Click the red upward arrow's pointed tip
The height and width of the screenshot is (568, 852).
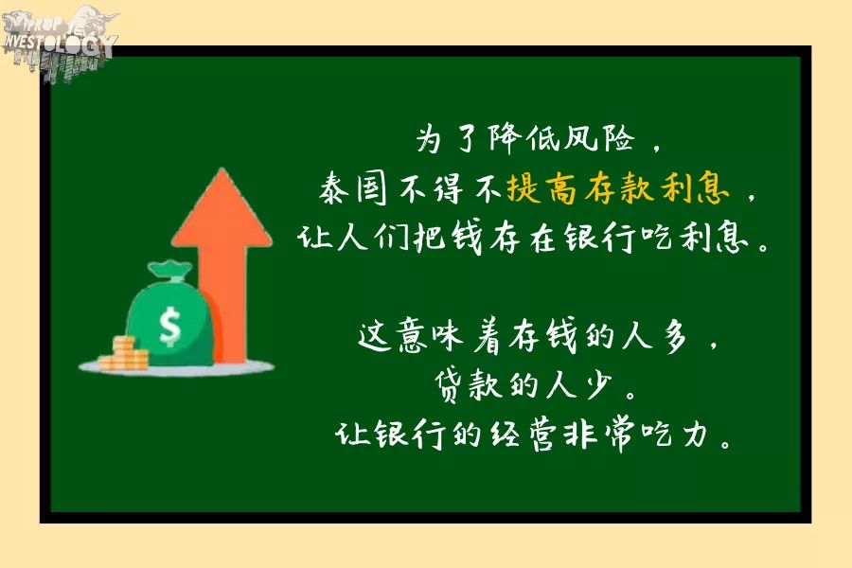point(222,169)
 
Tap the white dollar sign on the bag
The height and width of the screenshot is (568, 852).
point(170,326)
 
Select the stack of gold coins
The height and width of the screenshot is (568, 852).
point(124,354)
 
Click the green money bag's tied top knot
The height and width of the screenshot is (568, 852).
point(170,270)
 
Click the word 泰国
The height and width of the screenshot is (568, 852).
point(353,188)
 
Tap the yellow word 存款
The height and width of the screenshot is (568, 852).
point(618,188)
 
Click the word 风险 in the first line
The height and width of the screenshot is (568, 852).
point(599,137)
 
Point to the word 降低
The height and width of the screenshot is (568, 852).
point(524,137)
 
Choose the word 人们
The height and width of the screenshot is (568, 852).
point(373,238)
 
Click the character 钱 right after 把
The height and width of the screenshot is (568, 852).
point(467,238)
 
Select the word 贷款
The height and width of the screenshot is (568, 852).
point(469,385)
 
